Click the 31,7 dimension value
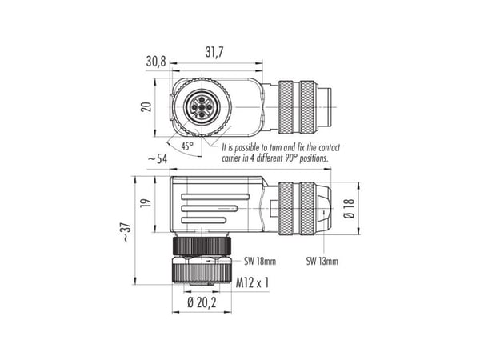coord(214,52)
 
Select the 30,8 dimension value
coord(156,62)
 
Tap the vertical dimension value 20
coord(147,107)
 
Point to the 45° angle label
coord(186,146)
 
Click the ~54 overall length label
coord(158,159)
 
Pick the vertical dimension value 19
coord(146,203)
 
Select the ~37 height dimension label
coord(126,232)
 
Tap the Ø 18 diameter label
coord(350,209)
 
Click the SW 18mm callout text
coord(260,261)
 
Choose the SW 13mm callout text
coord(322,261)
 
